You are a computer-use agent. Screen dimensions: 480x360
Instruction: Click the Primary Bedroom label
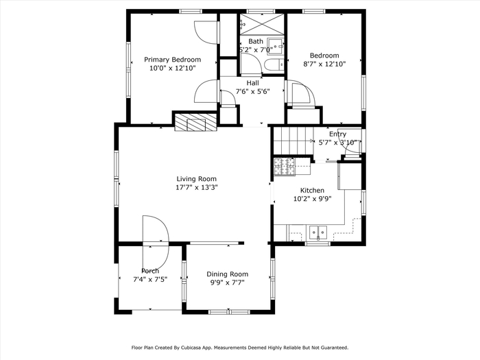pyautogui.click(x=172, y=60)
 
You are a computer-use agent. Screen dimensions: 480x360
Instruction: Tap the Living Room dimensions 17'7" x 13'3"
pyautogui.click(x=196, y=187)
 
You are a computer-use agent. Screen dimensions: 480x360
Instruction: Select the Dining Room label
pyautogui.click(x=228, y=274)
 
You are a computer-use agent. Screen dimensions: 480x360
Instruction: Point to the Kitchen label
pyautogui.click(x=312, y=190)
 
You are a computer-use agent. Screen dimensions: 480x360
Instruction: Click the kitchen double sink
pyautogui.click(x=318, y=232)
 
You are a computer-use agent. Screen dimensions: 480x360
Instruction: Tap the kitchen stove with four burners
pyautogui.click(x=284, y=167)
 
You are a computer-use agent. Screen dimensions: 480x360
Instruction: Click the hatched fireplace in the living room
pyautogui.click(x=195, y=123)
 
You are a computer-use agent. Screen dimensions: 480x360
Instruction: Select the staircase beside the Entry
pyautogui.click(x=293, y=141)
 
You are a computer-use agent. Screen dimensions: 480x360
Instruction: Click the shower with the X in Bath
pyautogui.click(x=262, y=24)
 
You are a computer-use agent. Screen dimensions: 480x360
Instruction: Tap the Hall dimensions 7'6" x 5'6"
pyautogui.click(x=253, y=91)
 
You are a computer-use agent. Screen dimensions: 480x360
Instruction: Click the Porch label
pyautogui.click(x=150, y=271)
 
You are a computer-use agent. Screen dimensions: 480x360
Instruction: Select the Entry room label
pyautogui.click(x=337, y=134)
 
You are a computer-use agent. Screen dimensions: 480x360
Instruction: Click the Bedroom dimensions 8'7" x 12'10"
pyautogui.click(x=324, y=64)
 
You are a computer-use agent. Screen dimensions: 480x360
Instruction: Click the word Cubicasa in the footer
pyautogui.click(x=191, y=348)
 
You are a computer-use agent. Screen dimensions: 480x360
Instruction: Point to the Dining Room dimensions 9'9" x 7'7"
pyautogui.click(x=228, y=283)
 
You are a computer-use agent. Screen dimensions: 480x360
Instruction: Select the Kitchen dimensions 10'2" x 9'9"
pyautogui.click(x=313, y=199)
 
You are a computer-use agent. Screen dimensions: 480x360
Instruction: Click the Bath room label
pyautogui.click(x=256, y=41)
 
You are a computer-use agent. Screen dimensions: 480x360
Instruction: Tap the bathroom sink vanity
pyautogui.click(x=275, y=47)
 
